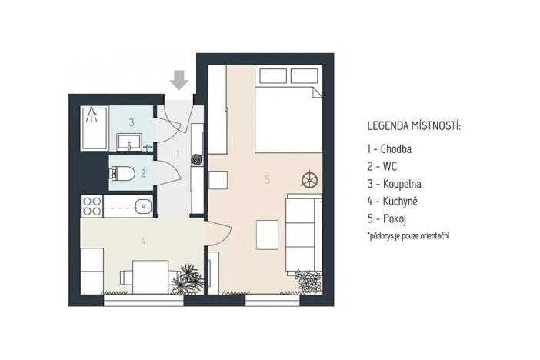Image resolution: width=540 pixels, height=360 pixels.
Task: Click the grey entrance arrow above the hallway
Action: tap(179, 79)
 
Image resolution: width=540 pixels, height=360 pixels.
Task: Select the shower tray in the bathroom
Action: tap(93, 127)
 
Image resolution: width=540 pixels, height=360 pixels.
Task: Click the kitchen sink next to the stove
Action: tap(141, 205)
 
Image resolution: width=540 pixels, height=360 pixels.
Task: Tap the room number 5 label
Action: tap(267, 179)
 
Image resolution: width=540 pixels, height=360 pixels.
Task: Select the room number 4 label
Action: tap(143, 241)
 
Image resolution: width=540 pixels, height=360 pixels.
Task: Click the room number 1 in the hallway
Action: tap(178, 154)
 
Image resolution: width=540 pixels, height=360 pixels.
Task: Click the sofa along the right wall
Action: tap(303, 235)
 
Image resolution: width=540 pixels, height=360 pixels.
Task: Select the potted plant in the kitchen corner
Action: tap(186, 278)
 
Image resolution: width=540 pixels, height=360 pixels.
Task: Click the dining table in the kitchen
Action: tap(151, 275)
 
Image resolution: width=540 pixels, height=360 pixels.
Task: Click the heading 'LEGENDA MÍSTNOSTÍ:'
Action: tap(414, 125)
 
